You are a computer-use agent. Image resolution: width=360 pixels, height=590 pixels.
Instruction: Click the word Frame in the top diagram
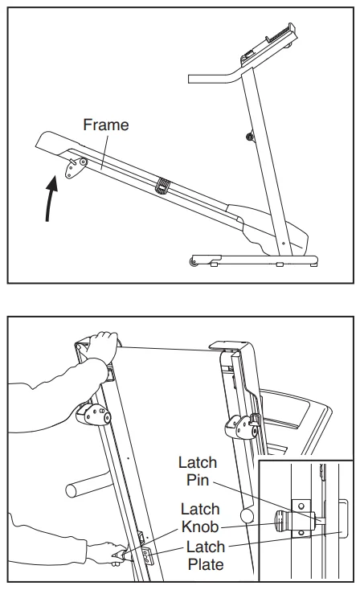click(106, 125)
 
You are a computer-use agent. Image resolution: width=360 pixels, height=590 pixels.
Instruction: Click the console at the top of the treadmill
click(268, 45)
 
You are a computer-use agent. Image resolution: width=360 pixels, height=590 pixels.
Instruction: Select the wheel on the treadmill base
click(194, 261)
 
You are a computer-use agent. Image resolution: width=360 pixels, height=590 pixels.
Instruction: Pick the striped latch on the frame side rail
click(163, 186)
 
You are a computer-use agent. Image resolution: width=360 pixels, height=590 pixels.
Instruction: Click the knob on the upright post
click(250, 136)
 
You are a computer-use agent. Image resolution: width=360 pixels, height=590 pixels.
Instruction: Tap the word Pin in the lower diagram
click(198, 480)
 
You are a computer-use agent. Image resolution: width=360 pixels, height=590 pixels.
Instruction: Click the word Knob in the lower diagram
click(200, 526)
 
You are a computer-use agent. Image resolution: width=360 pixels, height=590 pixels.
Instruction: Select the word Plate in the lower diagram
click(206, 564)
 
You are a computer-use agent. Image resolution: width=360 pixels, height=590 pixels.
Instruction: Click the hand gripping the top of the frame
click(99, 347)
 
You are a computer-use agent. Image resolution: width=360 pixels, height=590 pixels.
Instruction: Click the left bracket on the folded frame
click(93, 414)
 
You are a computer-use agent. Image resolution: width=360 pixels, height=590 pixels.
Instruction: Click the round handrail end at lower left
click(72, 490)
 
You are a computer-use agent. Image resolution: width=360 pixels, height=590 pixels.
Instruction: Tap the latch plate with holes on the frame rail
click(148, 556)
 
